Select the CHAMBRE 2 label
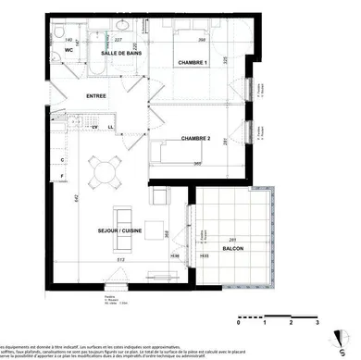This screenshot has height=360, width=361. coord(195,138)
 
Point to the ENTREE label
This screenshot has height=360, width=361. coord(97,96)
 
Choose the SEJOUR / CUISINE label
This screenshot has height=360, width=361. coord(118,230)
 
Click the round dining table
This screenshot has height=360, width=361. coord(105,170)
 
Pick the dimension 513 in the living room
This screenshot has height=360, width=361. coord(120,261)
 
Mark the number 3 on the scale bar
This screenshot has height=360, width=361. coord(317,323)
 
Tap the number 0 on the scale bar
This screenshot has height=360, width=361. coord(239,323)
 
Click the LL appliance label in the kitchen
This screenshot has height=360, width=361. coord(110,127)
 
